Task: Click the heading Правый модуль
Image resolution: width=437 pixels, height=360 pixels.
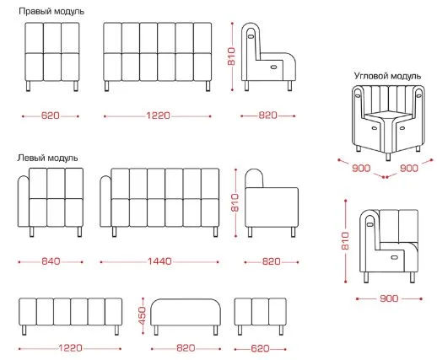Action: (51, 12)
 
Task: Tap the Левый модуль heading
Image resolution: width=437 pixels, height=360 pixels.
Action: (47, 158)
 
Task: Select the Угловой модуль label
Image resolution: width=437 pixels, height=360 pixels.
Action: (387, 76)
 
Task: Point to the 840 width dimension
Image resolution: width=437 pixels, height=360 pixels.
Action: (51, 261)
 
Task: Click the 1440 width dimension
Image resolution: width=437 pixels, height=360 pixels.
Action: (159, 261)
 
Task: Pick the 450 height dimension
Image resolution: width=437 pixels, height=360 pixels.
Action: (143, 315)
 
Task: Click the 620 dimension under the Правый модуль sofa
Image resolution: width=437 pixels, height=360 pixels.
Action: (51, 116)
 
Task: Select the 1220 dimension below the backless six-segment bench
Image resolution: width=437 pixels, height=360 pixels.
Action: (70, 348)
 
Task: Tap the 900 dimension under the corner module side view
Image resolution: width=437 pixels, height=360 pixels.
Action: (389, 298)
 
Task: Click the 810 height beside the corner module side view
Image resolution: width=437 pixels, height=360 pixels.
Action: (345, 241)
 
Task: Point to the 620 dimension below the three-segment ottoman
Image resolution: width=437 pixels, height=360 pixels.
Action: (260, 348)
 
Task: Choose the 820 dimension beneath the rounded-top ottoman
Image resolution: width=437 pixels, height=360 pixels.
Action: (186, 348)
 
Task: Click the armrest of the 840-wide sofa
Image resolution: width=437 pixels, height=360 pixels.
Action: (24, 201)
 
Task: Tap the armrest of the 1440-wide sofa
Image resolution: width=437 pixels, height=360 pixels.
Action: (105, 201)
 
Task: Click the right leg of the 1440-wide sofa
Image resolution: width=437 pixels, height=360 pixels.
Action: (215, 232)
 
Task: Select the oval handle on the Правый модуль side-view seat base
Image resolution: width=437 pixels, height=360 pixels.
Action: (273, 67)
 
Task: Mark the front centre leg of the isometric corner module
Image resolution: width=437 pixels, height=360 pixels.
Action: (388, 156)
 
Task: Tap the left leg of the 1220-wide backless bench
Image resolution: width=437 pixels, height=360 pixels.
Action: (24, 330)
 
